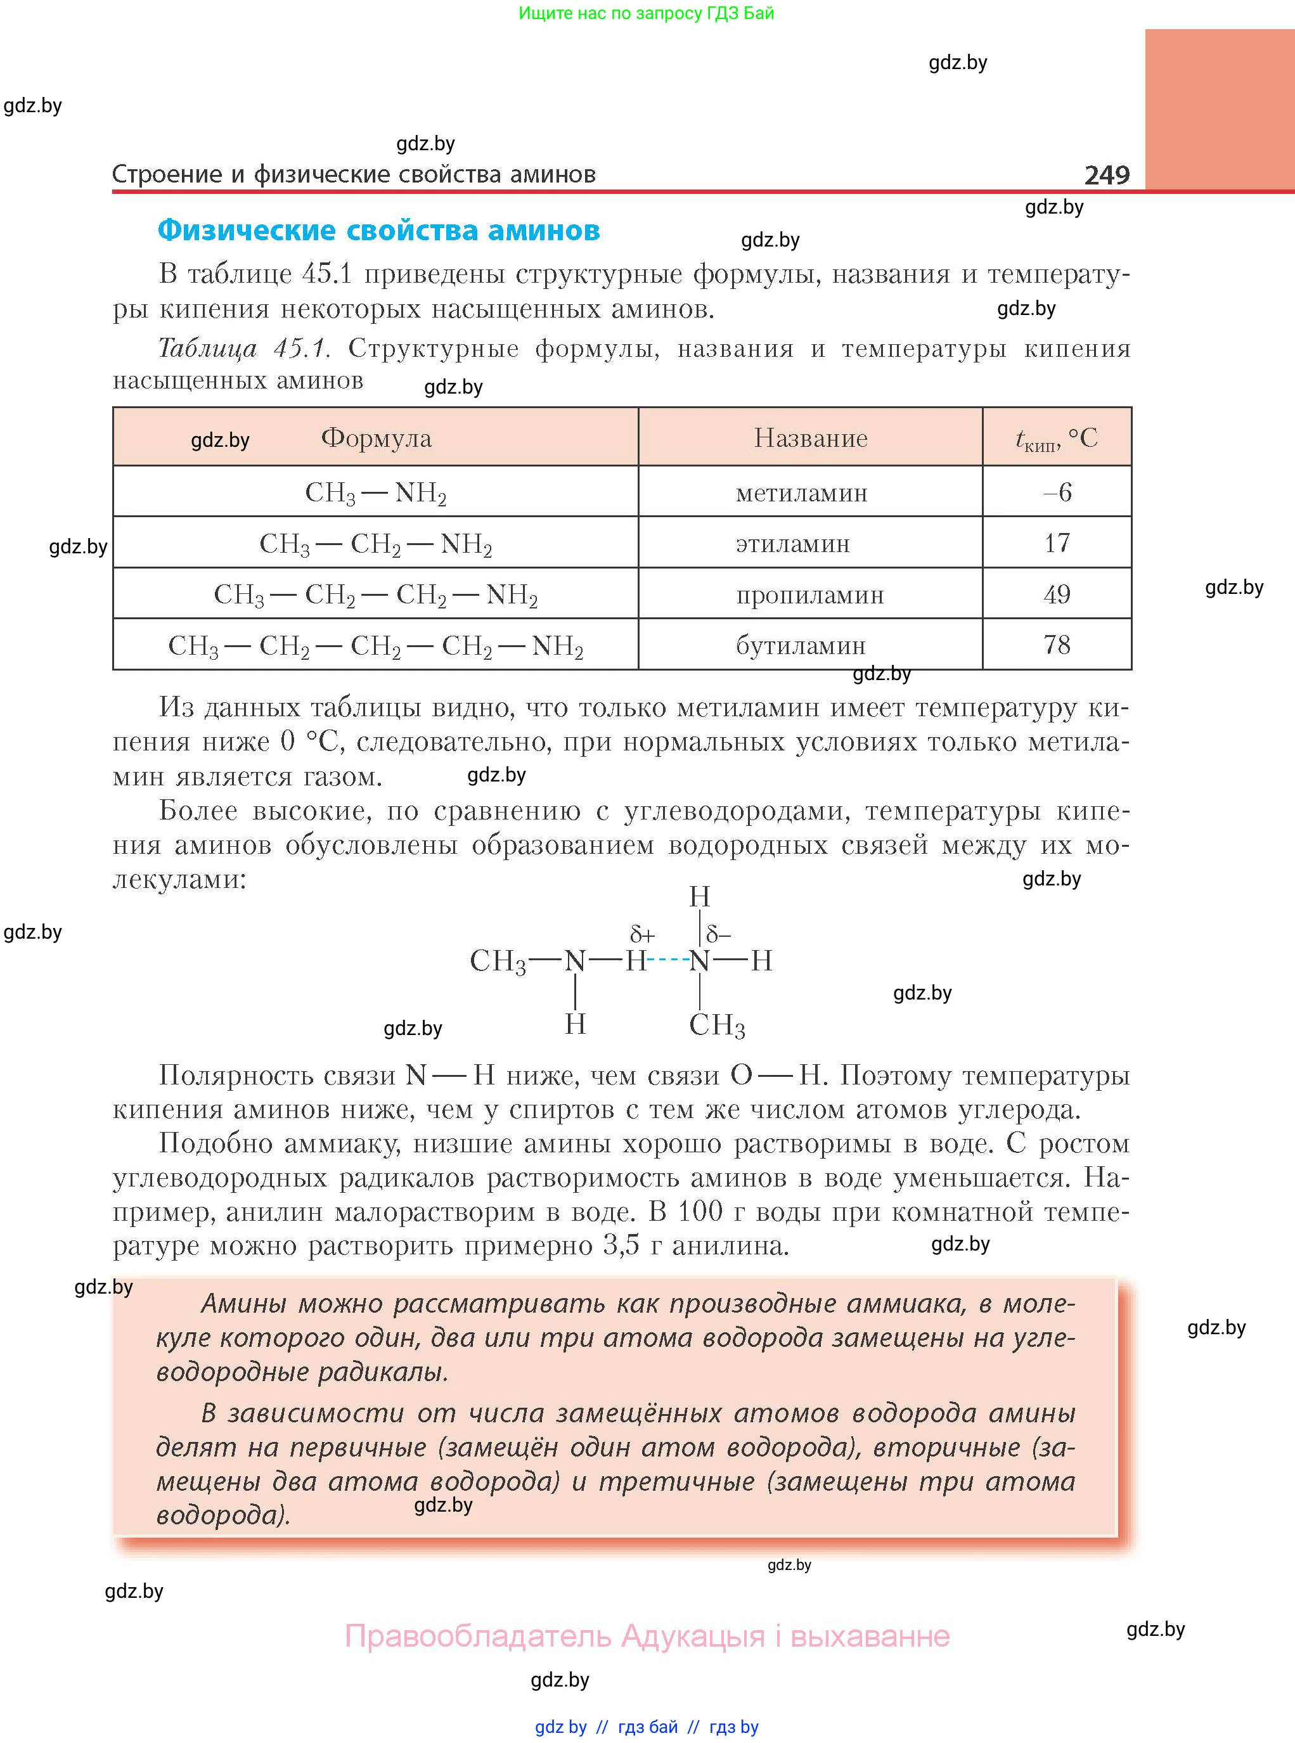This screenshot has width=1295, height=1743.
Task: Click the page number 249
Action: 1106,175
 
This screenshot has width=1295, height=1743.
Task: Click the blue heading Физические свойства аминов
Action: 378,231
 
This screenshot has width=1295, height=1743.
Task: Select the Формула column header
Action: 377,438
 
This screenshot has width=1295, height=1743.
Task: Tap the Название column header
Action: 811,438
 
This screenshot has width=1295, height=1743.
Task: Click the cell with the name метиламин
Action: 801,493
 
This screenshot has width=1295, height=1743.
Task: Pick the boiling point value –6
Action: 1057,492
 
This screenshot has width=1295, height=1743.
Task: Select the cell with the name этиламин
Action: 792,543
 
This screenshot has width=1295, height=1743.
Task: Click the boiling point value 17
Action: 1057,543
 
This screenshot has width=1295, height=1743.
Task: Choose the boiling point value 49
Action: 1057,594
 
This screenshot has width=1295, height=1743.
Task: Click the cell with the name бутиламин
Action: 801,646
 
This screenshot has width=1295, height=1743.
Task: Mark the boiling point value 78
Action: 1057,645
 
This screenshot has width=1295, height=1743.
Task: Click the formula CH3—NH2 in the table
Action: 375,493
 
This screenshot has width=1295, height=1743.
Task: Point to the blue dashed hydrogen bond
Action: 668,960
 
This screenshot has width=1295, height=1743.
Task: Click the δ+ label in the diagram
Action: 642,934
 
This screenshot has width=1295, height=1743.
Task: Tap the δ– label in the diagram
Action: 718,934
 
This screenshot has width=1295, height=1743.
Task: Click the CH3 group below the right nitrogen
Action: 716,1024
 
